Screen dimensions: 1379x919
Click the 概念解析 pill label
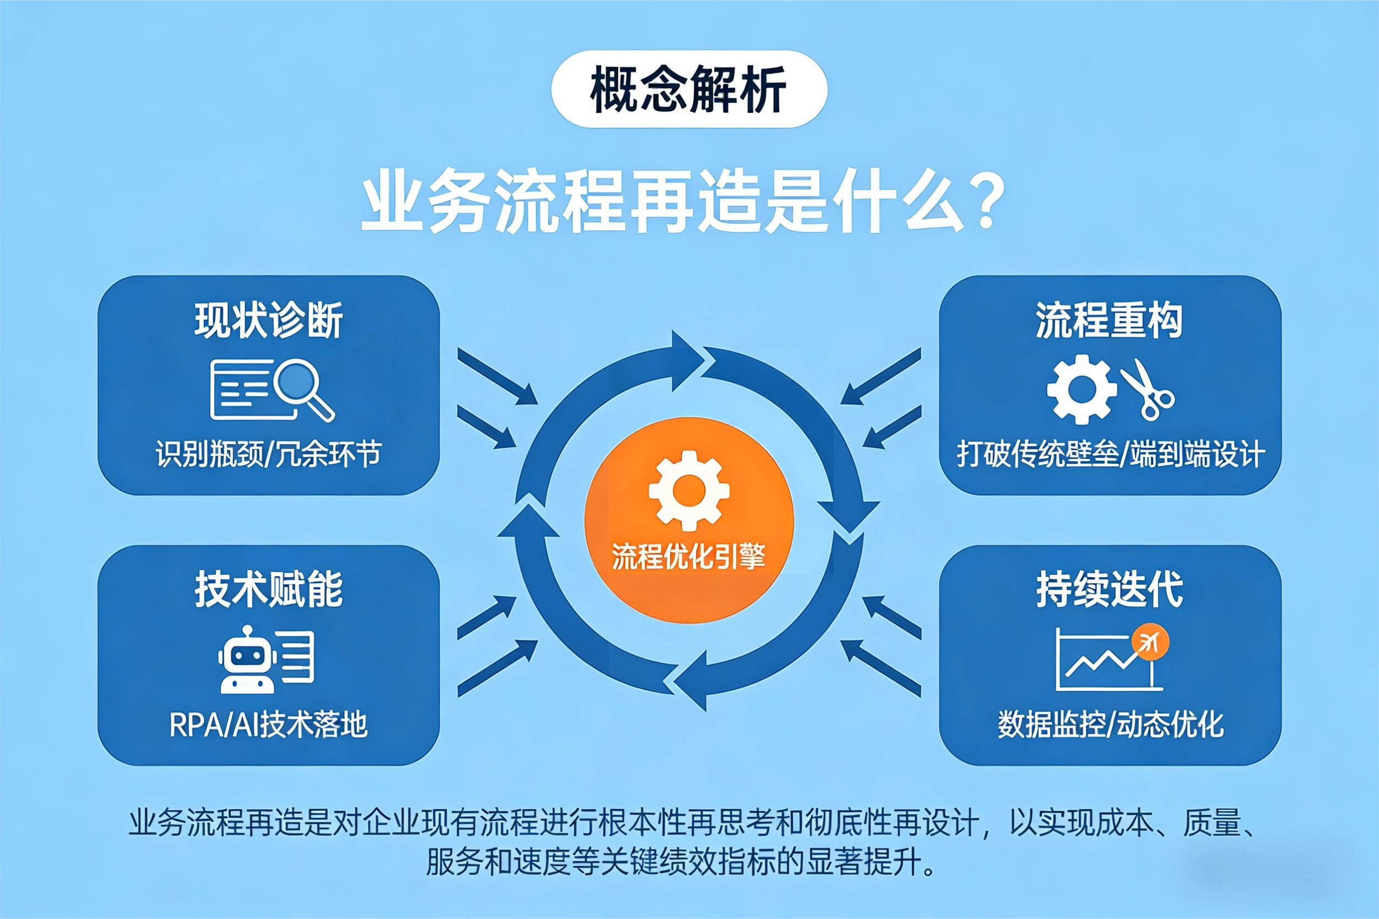[689, 89]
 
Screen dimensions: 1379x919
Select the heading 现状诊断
[268, 320]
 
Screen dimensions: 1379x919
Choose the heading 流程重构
[1109, 320]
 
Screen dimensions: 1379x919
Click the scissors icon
[1148, 389]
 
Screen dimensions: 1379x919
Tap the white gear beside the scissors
[1082, 389]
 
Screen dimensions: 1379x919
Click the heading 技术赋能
[268, 589]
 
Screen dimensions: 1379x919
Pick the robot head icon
[247, 660]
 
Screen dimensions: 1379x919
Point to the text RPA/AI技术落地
[268, 725]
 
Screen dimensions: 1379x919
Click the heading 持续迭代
[1109, 589]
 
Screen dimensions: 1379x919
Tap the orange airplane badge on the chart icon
[1150, 643]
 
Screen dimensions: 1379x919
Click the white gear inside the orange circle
[689, 491]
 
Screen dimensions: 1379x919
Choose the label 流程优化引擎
[689, 556]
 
